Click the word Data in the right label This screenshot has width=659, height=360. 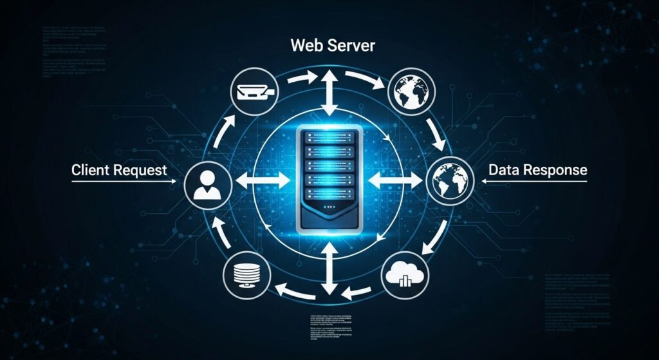[505, 170]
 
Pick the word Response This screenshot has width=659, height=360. [556, 170]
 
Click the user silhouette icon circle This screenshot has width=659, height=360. [207, 182]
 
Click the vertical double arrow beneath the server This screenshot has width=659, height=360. [329, 271]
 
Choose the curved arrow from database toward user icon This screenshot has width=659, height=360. [218, 233]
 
